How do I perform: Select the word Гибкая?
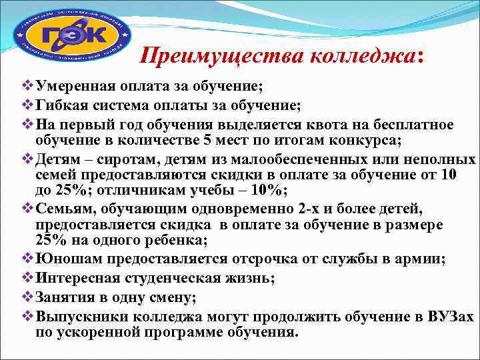point(63,105)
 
